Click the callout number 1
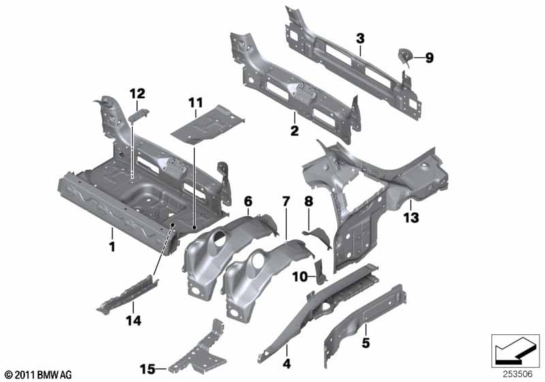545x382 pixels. (x=112, y=247)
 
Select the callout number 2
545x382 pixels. (x=294, y=131)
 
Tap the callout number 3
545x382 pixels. (x=360, y=38)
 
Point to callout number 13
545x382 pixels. (x=411, y=218)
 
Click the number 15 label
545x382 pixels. (x=147, y=369)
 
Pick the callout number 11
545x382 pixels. (x=196, y=103)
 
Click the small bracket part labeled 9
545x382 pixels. (x=405, y=55)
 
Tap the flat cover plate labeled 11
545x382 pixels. (x=208, y=125)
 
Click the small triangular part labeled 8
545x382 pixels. (x=318, y=237)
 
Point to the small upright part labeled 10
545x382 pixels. (x=320, y=271)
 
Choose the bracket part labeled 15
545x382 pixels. (x=198, y=351)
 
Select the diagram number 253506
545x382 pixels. (x=518, y=374)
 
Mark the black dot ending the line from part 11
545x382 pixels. (x=194, y=228)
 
